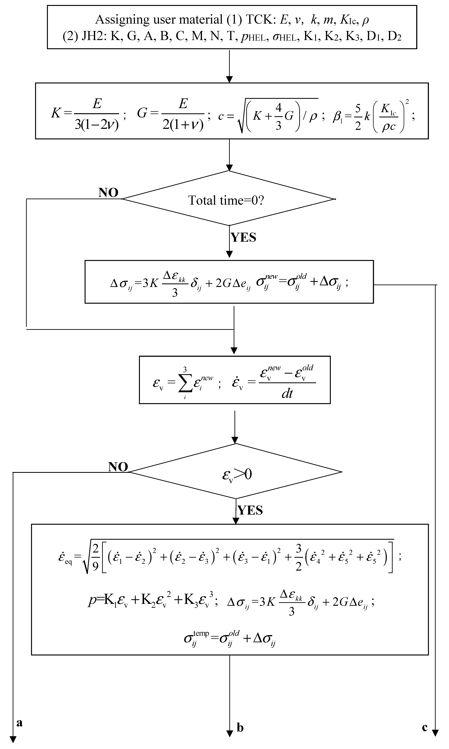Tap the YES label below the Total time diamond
[244, 238]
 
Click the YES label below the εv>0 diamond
[250, 510]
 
